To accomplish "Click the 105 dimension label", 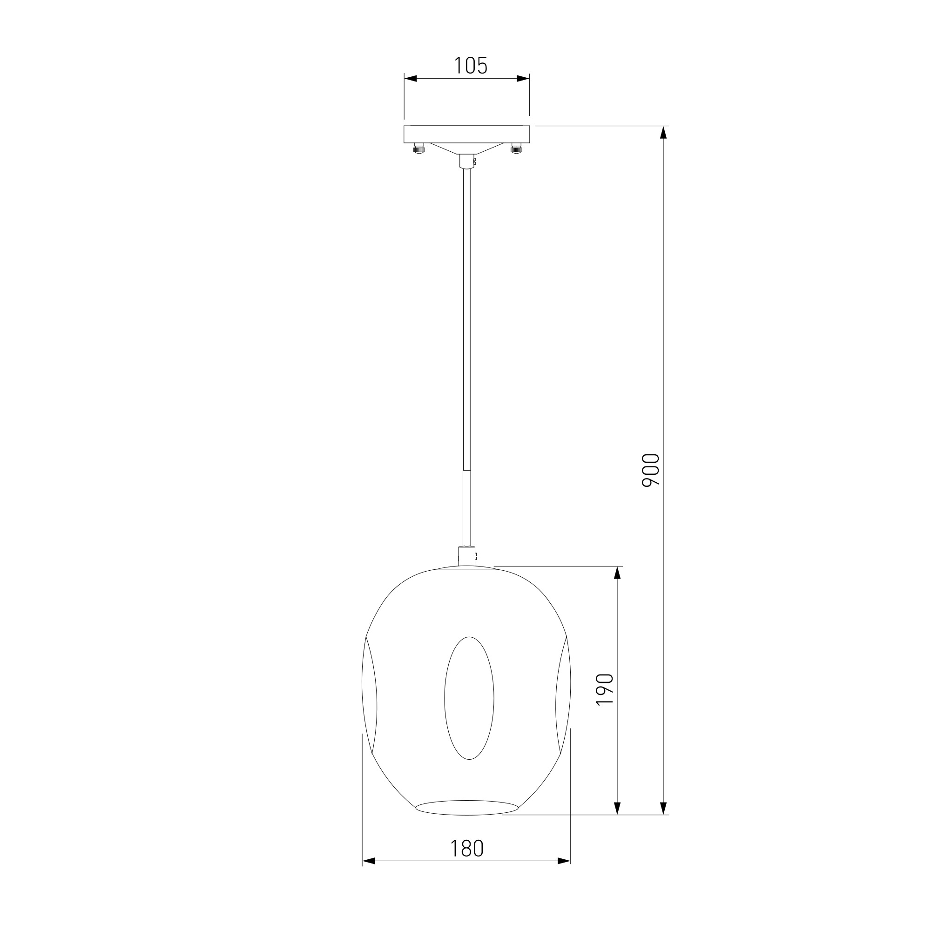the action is coord(471,66).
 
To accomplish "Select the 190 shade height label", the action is coord(605,689).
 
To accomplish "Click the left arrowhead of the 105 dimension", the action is coord(411,79).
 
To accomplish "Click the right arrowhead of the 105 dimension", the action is coord(523,79).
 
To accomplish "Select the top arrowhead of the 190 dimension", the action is coord(617,573).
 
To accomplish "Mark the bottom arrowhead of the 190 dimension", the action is coord(617,808).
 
